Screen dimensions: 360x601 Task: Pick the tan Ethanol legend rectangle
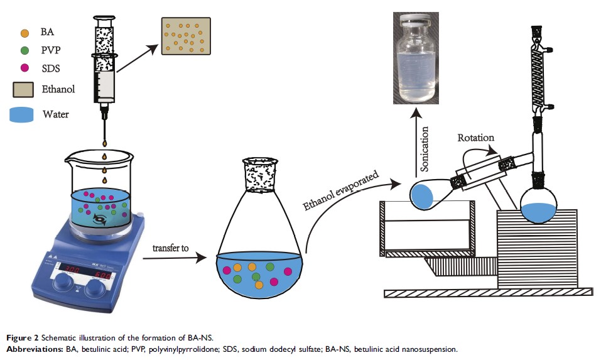pos(24,89)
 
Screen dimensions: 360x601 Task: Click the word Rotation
pos(476,137)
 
